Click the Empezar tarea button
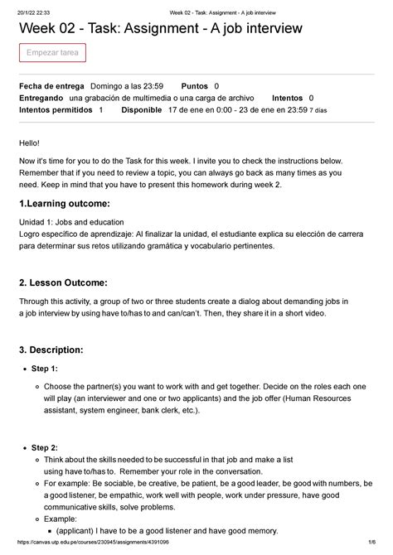(x=52, y=54)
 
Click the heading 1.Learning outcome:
(x=64, y=204)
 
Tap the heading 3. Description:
(x=56, y=345)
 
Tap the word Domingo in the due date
(x=110, y=86)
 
